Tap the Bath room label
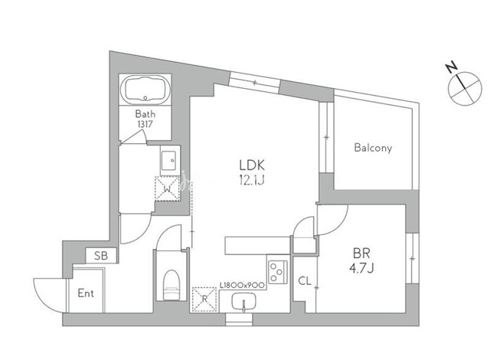click(x=145, y=113)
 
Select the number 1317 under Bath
click(x=145, y=124)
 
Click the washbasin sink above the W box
click(x=170, y=160)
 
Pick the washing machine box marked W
click(x=168, y=188)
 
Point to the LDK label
click(x=252, y=165)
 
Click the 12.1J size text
click(x=252, y=180)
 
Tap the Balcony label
click(x=373, y=148)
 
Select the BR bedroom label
click(x=361, y=253)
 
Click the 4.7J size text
click(x=361, y=268)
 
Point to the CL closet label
click(x=305, y=281)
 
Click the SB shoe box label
click(x=101, y=256)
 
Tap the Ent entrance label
click(x=86, y=293)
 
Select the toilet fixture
click(x=171, y=285)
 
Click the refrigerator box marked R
click(x=204, y=299)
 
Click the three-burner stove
click(x=278, y=272)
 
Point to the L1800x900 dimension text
click(x=243, y=285)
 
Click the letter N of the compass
click(x=451, y=67)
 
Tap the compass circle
click(x=465, y=88)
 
